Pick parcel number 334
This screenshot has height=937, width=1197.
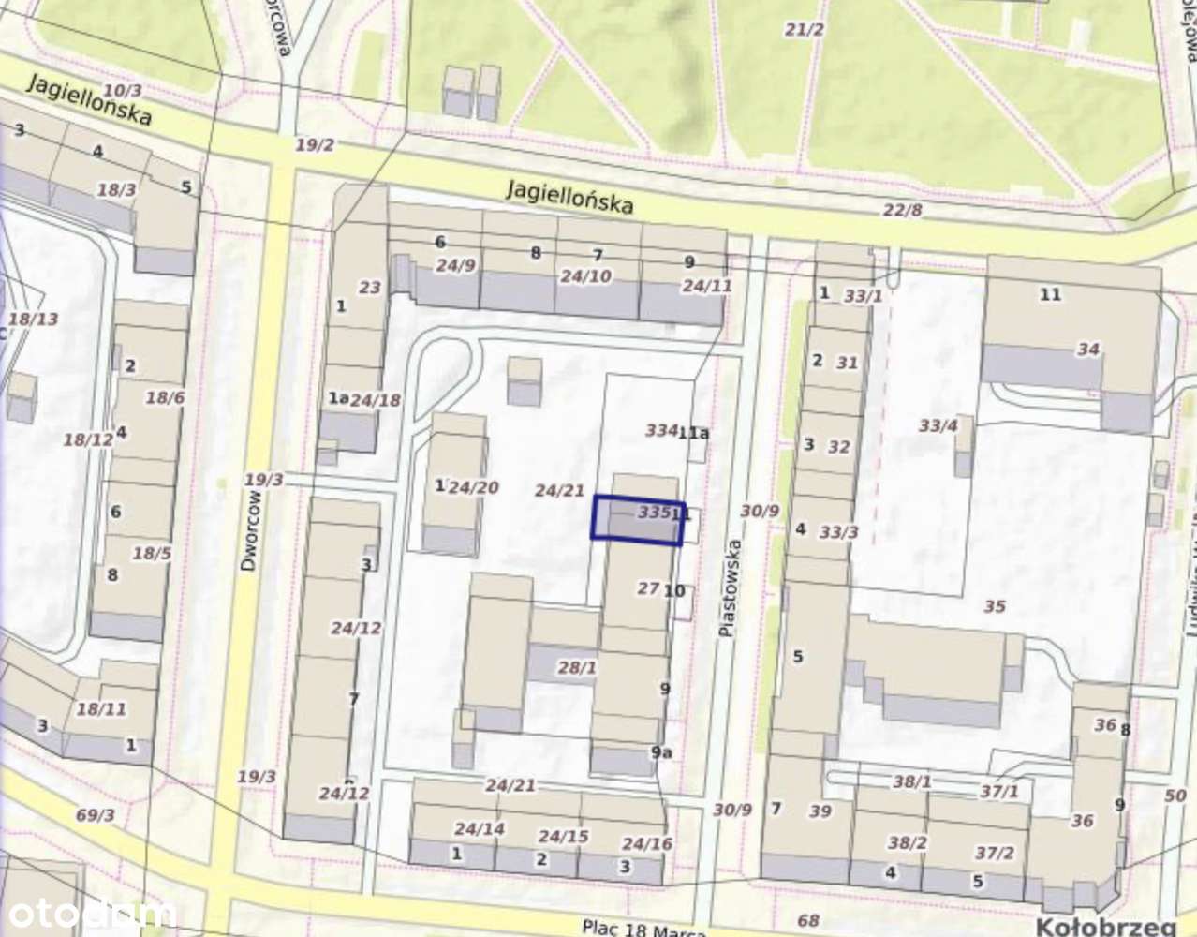click(x=660, y=430)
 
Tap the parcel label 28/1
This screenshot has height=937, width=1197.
click(x=577, y=668)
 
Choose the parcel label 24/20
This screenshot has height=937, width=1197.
click(x=473, y=486)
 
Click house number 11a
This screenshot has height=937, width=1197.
click(x=694, y=433)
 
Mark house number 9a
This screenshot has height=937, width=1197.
click(x=661, y=751)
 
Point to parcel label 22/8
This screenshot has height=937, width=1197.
click(x=902, y=209)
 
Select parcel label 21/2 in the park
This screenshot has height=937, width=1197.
click(x=804, y=30)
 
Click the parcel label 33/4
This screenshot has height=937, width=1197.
click(x=938, y=426)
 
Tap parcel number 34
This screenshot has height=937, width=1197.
click(x=1087, y=349)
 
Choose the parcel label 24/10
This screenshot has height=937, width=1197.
click(x=585, y=275)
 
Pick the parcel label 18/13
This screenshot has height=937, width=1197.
click(x=34, y=319)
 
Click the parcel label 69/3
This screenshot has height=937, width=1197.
click(x=95, y=814)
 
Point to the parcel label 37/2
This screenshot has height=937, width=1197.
click(x=994, y=852)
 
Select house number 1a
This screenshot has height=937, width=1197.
click(x=337, y=398)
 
